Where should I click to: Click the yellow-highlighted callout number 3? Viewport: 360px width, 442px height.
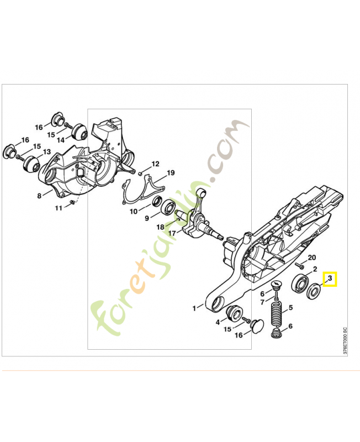[330, 278]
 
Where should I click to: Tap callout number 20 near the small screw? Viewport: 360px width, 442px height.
[312, 257]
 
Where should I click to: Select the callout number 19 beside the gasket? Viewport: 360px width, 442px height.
[171, 173]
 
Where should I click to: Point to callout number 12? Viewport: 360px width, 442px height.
[156, 164]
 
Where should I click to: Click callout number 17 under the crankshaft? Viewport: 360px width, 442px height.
[172, 233]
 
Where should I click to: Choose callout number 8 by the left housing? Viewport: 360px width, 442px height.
[39, 196]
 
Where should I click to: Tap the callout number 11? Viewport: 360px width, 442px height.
[59, 208]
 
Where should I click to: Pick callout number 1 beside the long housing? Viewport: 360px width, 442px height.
[194, 308]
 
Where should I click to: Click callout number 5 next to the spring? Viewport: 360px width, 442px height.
[290, 308]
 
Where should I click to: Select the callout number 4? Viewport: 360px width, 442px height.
[218, 322]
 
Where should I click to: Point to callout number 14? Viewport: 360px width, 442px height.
[61, 140]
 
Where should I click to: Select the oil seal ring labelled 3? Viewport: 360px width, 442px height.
[313, 292]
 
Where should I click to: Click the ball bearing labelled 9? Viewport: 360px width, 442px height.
[168, 208]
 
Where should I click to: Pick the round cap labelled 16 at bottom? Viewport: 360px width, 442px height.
[257, 325]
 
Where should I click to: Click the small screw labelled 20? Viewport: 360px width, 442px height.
[300, 265]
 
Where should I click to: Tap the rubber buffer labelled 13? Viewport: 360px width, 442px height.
[31, 164]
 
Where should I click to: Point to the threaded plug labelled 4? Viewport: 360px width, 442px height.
[234, 313]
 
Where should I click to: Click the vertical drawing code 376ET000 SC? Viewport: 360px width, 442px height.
[345, 340]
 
